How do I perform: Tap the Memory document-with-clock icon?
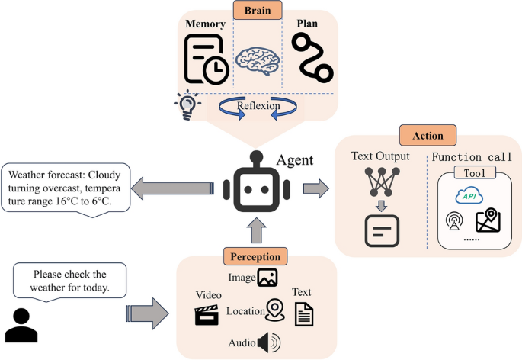(206, 59)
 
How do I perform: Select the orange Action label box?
(427, 137)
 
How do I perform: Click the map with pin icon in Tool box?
(487, 222)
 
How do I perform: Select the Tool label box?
(474, 173)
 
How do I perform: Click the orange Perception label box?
(257, 256)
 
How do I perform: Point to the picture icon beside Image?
(267, 278)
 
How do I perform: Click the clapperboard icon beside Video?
(207, 315)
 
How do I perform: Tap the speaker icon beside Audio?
(268, 343)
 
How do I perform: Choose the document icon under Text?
(304, 313)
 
